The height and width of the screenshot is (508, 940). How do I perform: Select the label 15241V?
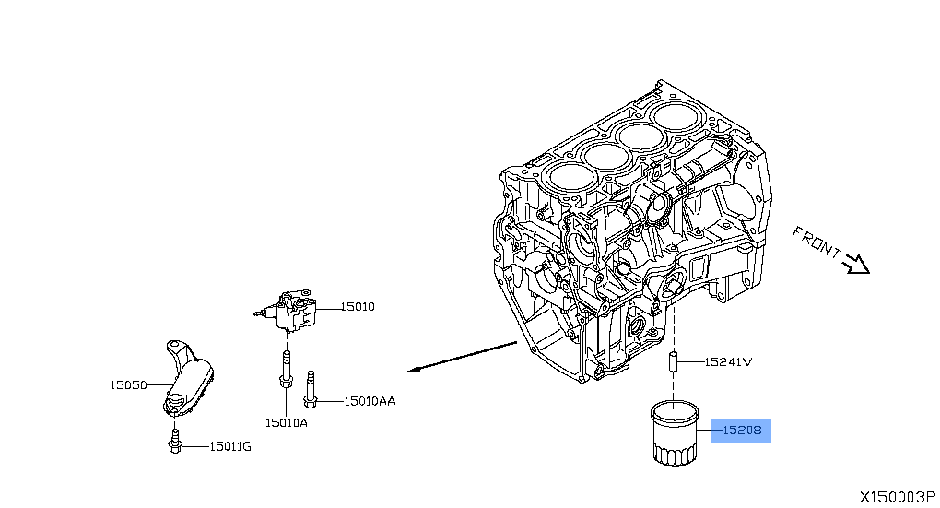pos(729,362)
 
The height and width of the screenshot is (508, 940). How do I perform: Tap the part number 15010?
pos(358,307)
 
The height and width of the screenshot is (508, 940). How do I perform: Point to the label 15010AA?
pos(370,401)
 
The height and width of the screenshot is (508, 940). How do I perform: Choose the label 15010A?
pos(286,422)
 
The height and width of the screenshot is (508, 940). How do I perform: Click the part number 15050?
pos(129,384)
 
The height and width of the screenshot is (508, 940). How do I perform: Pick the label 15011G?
pos(229,446)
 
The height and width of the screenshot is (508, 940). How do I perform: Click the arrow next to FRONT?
pos(858,265)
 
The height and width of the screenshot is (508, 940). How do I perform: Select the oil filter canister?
pos(676,432)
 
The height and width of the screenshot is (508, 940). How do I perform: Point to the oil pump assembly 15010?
pos(294,313)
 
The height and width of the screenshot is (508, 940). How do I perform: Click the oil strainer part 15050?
pos(188,378)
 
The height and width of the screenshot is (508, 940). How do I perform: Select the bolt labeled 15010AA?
pos(311,391)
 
